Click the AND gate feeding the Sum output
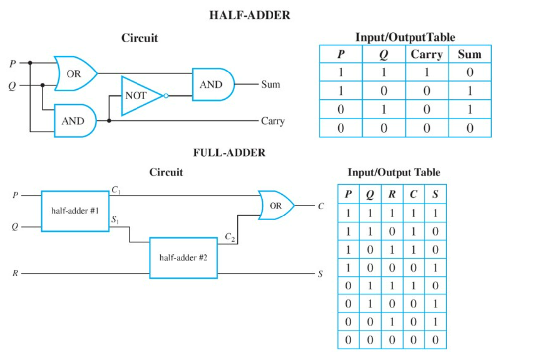pos(213,84)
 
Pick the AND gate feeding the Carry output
pos(75,121)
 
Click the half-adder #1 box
pos(75,211)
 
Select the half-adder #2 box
pos(184,258)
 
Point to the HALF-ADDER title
pos(250,15)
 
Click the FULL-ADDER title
pos(229,153)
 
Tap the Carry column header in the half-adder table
pos(427,54)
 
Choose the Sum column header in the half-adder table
pos(470,54)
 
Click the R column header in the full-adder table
pos(392,194)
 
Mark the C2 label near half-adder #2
pos(230,237)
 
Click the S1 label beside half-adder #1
pos(115,220)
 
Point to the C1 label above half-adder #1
pos(116,190)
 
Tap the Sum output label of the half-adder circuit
pos(271,84)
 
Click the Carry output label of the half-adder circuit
pos(273,121)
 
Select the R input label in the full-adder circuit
pos(15,273)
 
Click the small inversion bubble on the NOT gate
pos(166,96)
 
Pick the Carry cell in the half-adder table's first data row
pos(427,72)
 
